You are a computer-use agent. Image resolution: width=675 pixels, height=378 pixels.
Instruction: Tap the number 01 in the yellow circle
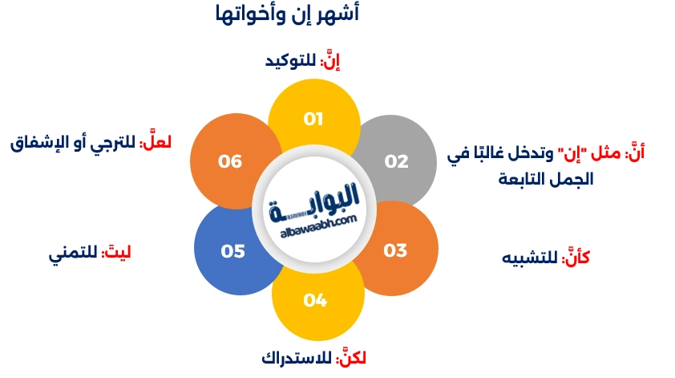[313, 119]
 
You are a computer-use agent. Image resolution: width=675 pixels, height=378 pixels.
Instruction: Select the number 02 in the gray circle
[396, 161]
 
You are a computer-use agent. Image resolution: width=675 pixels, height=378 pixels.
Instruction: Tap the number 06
[230, 161]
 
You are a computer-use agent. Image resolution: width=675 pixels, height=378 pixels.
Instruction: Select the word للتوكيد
[291, 62]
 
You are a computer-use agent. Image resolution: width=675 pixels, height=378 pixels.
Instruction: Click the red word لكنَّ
[354, 358]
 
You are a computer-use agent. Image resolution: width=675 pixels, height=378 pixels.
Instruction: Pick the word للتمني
[72, 254]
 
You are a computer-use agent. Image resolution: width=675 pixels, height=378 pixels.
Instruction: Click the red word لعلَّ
[156, 143]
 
